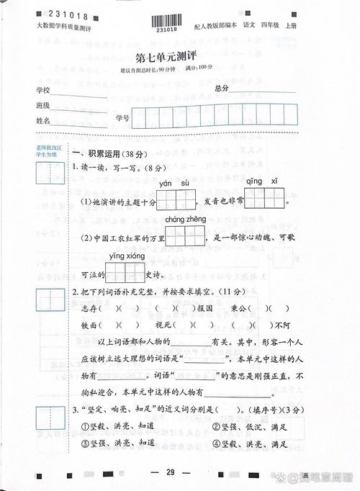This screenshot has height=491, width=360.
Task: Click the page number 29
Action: (171, 472)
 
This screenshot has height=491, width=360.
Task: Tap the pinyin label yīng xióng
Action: (127, 256)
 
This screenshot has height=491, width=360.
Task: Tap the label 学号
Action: (122, 117)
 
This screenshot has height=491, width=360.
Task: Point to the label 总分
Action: (222, 88)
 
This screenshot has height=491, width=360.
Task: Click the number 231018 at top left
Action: (64, 14)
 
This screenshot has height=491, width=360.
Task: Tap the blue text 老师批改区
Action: (46, 147)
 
